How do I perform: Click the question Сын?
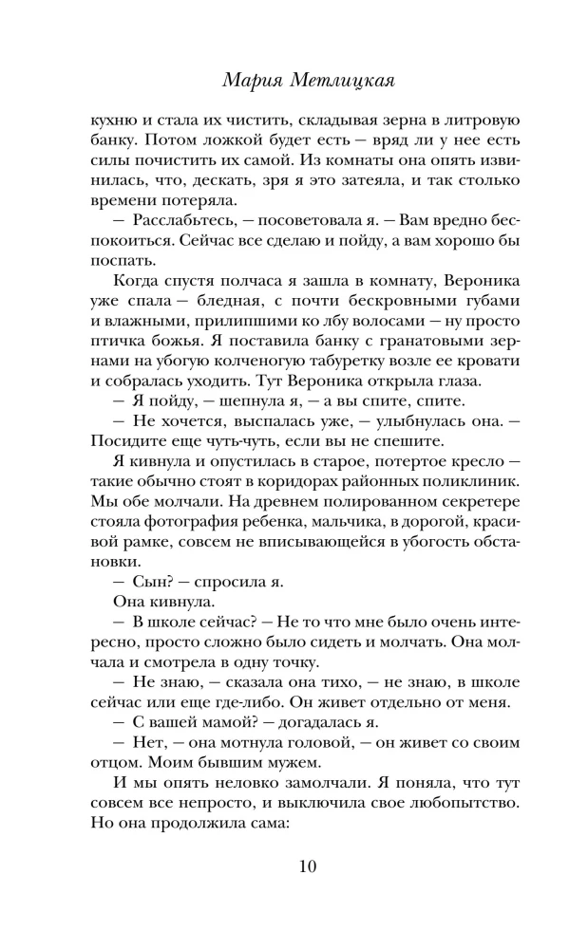142,623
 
